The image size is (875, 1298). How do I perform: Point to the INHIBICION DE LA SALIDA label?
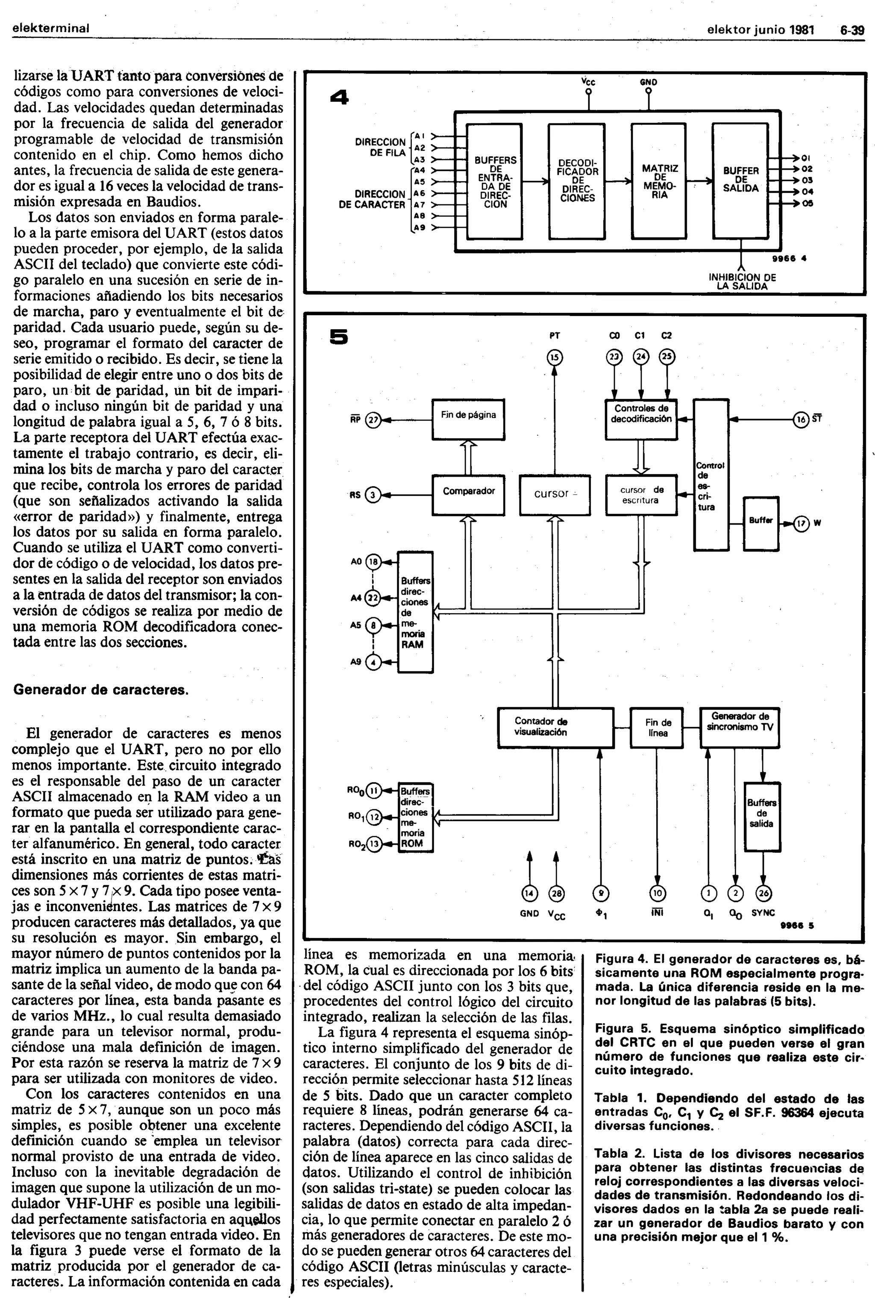pos(742,281)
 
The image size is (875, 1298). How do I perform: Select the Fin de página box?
pos(468,419)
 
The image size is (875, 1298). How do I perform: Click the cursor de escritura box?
pos(641,495)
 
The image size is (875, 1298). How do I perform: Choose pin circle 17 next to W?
pos(802,523)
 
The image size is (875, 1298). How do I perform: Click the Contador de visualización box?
pos(555,727)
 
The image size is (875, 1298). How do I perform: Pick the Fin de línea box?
pos(658,727)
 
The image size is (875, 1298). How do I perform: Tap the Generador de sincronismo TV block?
pos(740,727)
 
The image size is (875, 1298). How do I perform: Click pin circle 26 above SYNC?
pos(763,893)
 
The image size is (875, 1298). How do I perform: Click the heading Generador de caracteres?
pos(101,690)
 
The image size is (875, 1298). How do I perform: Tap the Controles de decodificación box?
pos(641,419)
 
